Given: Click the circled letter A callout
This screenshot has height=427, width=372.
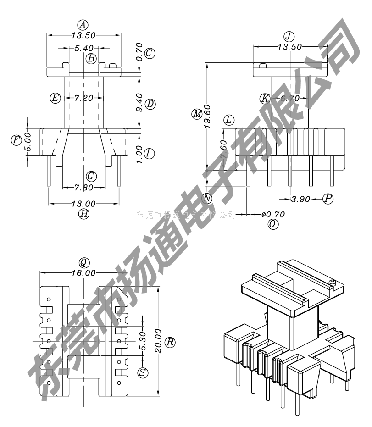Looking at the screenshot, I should [83, 24].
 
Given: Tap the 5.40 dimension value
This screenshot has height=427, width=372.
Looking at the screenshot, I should [84, 48].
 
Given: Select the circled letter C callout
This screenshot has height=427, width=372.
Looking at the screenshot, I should [149, 53].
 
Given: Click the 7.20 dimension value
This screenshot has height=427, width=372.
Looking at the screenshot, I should [84, 98].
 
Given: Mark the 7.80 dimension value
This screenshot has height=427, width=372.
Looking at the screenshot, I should [83, 187].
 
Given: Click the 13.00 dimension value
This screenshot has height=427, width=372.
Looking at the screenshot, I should [83, 204].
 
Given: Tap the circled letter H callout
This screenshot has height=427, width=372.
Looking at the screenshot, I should [83, 214].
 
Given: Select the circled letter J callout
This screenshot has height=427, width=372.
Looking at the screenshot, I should [289, 36].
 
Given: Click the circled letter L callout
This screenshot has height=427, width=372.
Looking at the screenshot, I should [229, 120].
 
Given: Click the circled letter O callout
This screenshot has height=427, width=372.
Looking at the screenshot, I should [273, 224].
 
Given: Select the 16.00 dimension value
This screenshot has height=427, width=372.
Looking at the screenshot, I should [83, 273].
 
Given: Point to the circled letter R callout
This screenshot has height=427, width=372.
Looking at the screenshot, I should [170, 342].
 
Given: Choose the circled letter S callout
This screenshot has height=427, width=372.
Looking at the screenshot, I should [144, 373].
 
